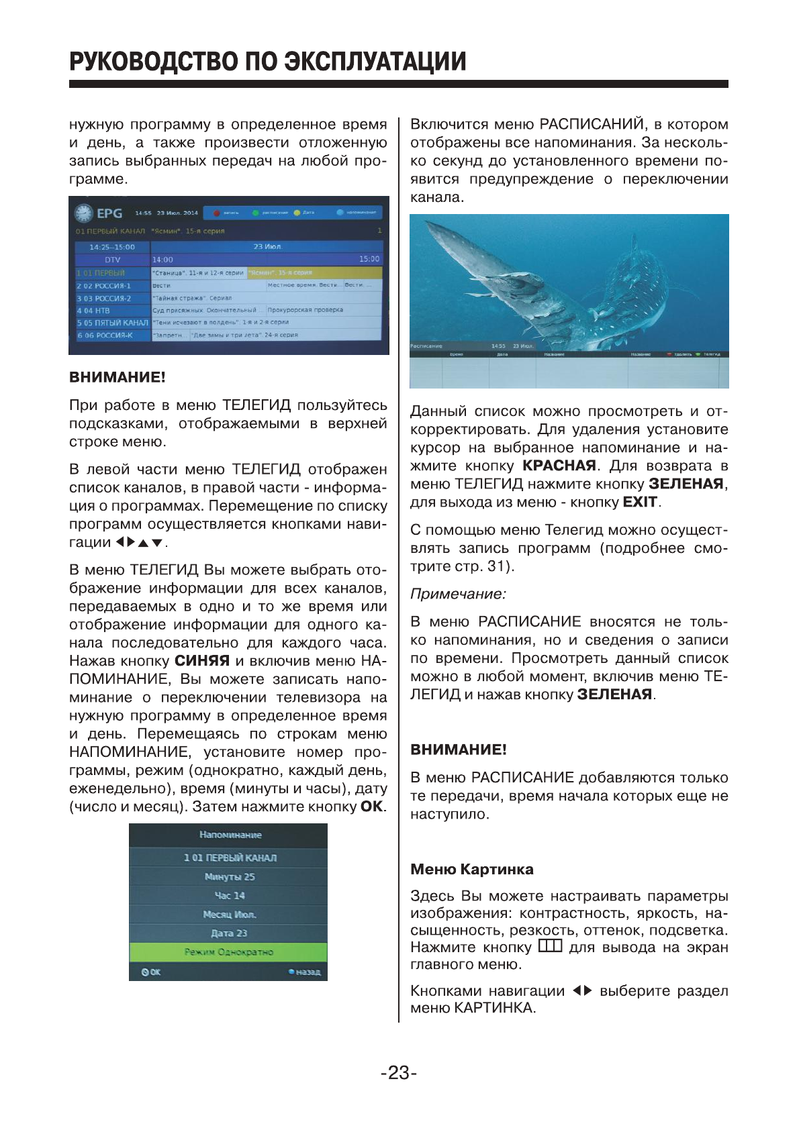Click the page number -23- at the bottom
[399, 1073]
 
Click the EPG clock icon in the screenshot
[83, 213]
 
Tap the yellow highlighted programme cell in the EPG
[314, 272]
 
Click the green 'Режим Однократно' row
[228, 952]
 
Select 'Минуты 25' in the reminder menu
[229, 877]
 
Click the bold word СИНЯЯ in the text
[202, 661]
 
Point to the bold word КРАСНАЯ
[559, 466]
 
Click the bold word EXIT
[639, 502]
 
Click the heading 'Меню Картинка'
[471, 870]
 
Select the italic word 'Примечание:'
[458, 594]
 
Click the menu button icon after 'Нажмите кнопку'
[550, 947]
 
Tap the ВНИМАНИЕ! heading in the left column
[117, 377]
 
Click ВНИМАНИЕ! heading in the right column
[458, 750]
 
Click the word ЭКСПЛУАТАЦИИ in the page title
[375, 62]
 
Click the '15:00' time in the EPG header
[369, 259]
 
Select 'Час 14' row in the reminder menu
[229, 896]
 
